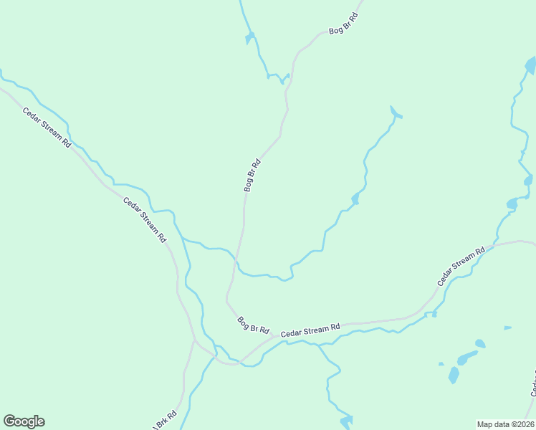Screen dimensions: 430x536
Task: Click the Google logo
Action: (x=24, y=421)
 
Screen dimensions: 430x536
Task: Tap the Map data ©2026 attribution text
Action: (x=505, y=424)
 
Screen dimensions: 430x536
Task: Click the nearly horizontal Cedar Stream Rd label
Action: (x=310, y=330)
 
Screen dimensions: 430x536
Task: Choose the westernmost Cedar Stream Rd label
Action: (x=47, y=127)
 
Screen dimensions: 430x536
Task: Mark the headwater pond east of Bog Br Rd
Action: (x=395, y=113)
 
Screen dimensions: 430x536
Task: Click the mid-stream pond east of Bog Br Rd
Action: (x=355, y=199)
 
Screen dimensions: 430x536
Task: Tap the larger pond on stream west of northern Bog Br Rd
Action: (x=249, y=37)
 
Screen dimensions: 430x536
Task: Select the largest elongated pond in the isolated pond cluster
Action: (x=467, y=356)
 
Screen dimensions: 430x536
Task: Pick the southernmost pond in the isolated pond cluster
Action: (x=454, y=374)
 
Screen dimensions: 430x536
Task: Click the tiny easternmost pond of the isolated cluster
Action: (x=507, y=328)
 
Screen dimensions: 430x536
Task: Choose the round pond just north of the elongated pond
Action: (x=479, y=343)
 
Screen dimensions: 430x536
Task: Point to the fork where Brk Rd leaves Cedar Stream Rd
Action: (x=194, y=341)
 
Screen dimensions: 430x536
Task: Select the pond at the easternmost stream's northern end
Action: (x=530, y=67)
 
